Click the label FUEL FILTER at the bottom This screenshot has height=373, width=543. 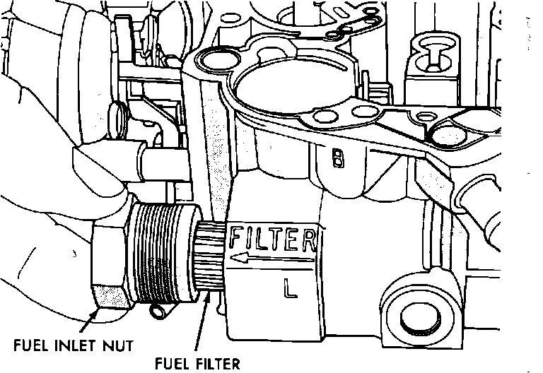pyautogui.click(x=197, y=364)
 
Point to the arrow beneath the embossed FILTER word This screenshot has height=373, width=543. pyautogui.click(x=269, y=261)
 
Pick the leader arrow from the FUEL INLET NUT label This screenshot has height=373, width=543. pyautogui.click(x=89, y=322)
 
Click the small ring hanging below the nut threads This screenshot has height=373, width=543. pyautogui.click(x=159, y=309)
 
